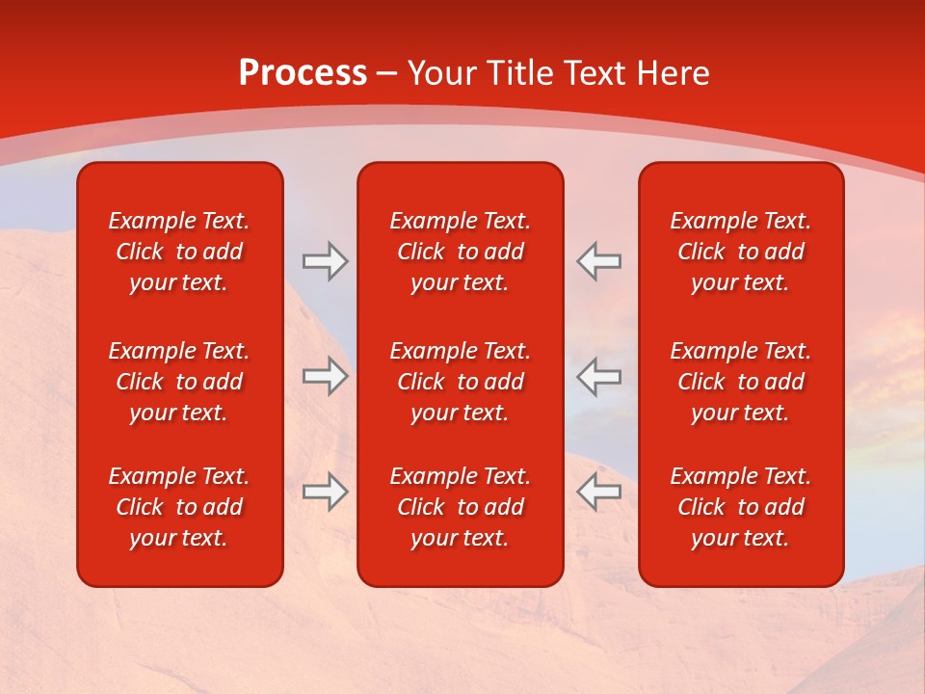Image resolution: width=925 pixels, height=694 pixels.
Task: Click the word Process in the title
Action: [x=303, y=73]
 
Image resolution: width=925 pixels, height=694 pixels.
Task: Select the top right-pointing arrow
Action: [x=325, y=261]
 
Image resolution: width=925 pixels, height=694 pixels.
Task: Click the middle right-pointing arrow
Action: [x=325, y=376]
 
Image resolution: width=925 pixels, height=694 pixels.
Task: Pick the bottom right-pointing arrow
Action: [x=325, y=492]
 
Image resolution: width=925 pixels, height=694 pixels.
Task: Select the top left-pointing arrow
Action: [x=599, y=261]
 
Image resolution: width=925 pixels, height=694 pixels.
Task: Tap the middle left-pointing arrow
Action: [x=599, y=376]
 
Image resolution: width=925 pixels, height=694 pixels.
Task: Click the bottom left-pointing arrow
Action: [x=599, y=492]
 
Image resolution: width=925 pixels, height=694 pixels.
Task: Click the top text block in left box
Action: [x=179, y=252]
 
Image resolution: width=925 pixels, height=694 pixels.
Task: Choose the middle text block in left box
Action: [x=179, y=382]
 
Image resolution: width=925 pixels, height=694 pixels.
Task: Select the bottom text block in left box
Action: [x=179, y=507]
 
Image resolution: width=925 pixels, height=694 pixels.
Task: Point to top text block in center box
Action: [x=461, y=252]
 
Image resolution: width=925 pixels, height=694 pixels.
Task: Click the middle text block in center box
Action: [x=461, y=382]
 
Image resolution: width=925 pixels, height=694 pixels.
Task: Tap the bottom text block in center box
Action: [x=461, y=507]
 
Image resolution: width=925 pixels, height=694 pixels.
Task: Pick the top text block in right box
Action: [x=741, y=252]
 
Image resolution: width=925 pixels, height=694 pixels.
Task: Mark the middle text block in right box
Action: [x=741, y=382]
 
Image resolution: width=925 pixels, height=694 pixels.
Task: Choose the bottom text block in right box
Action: [x=741, y=507]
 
